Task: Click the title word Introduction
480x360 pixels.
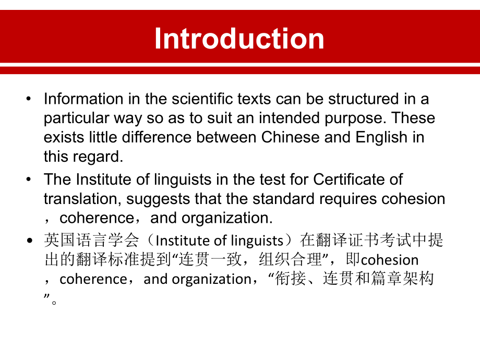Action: [x=239, y=39]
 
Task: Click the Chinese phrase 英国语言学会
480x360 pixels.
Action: [x=92, y=241]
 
